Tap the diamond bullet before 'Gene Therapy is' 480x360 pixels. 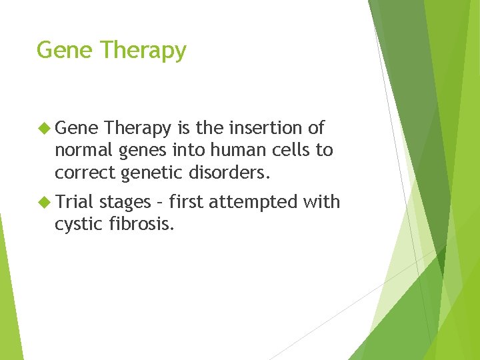(45, 127)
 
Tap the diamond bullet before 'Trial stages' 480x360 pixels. (45, 202)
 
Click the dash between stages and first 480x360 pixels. (160, 202)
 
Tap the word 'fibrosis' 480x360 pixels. (143, 225)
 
